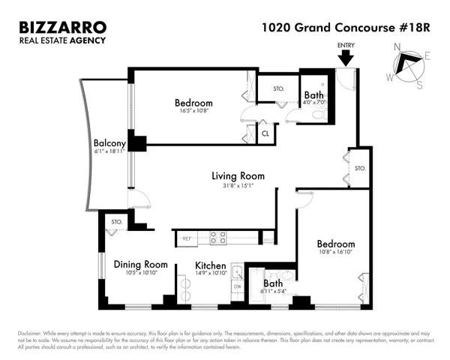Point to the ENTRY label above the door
346,46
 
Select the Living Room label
238,176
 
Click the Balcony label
108,142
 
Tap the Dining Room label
140,264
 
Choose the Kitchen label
211,265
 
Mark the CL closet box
265,134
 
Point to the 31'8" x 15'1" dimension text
238,186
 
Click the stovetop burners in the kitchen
217,238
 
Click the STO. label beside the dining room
117,222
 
